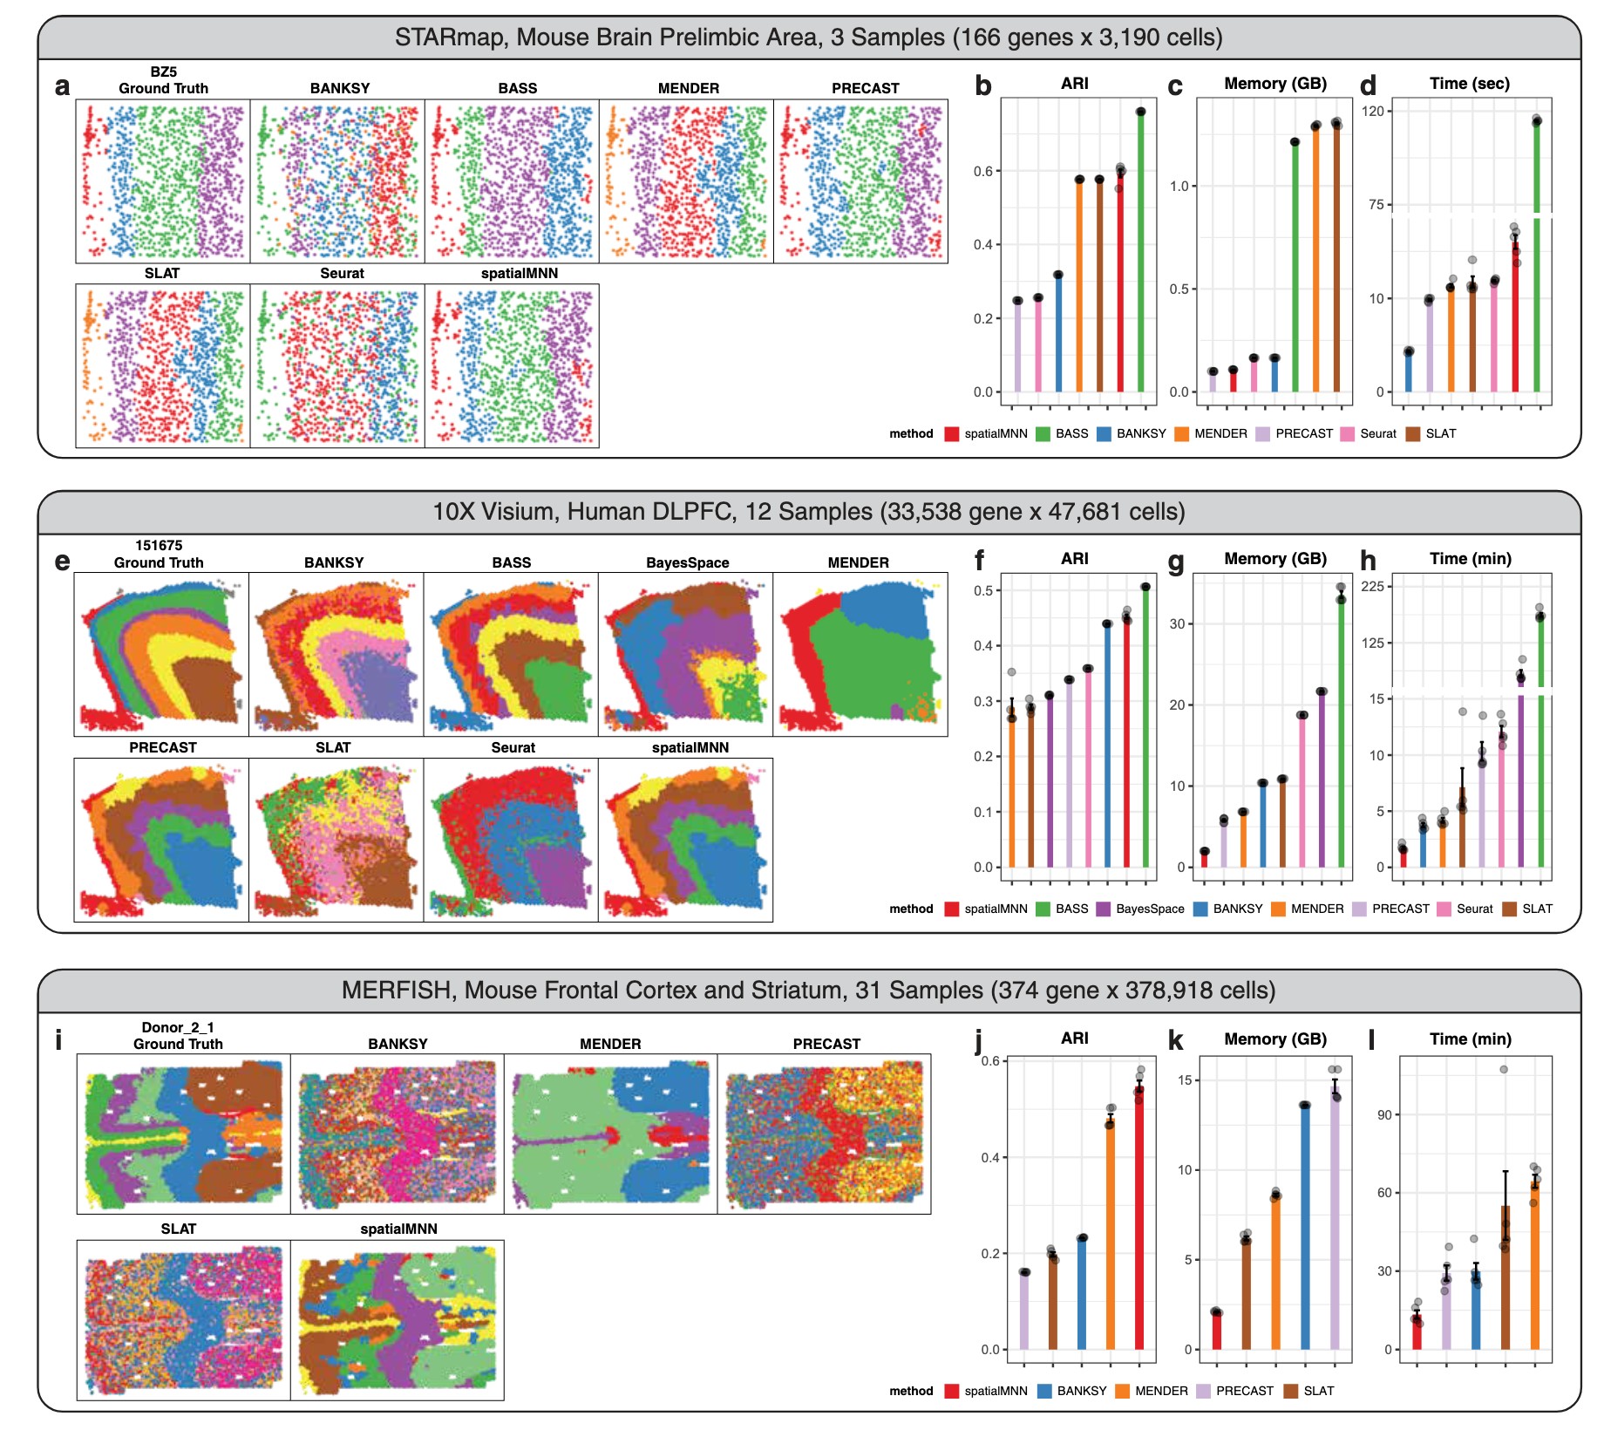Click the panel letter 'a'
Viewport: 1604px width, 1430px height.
point(62,86)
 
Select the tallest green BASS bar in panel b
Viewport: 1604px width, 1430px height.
point(1140,253)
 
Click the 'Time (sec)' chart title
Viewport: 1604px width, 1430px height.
point(1470,84)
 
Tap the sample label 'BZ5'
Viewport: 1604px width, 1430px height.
point(163,71)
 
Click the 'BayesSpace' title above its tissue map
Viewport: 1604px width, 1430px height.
point(687,562)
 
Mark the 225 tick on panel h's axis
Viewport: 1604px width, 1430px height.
point(1372,586)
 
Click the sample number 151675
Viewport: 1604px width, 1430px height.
point(159,545)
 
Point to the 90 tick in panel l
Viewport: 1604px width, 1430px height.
point(1384,1115)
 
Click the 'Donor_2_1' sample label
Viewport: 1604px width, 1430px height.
point(178,1027)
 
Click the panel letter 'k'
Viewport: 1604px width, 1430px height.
point(1175,1040)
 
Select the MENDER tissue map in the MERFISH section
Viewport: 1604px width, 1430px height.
point(610,1133)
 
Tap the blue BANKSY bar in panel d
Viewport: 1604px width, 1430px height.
point(1408,371)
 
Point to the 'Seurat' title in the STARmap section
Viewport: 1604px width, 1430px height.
point(342,273)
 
